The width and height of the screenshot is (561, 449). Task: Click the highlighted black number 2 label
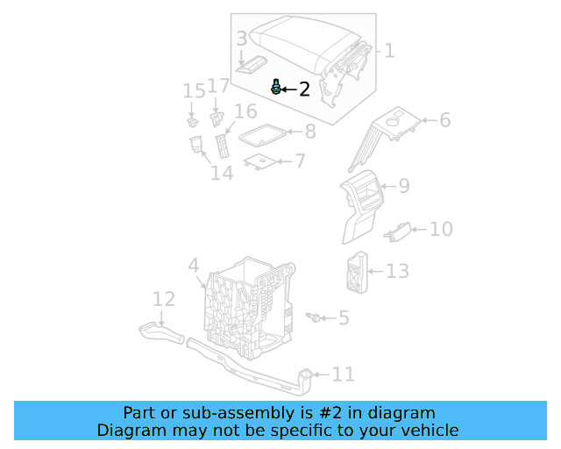[304, 89]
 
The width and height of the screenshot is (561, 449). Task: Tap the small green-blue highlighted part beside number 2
[277, 86]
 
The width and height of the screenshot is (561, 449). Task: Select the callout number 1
[389, 51]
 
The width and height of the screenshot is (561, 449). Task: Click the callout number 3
[242, 39]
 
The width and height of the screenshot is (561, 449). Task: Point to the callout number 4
[194, 264]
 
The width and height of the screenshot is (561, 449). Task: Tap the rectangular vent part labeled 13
[356, 272]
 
